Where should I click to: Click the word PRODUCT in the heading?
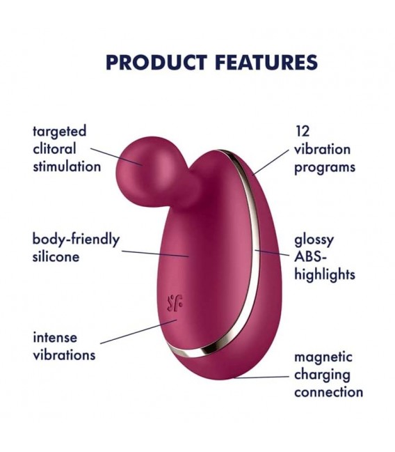tap(156, 62)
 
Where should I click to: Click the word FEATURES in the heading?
tap(266, 62)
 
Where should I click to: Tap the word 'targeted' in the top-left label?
tap(60, 132)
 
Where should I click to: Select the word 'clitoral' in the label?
tap(54, 149)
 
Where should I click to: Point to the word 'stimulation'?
tap(67, 166)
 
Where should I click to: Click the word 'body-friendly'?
tap(76, 240)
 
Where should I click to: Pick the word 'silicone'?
tap(56, 256)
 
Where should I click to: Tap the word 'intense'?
tap(55, 338)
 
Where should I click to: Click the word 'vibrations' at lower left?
tap(64, 355)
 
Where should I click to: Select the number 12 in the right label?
tap(303, 132)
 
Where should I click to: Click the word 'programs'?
tap(325, 168)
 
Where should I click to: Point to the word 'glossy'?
tap(314, 241)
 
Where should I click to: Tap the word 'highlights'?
tap(325, 274)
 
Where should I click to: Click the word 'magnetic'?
tap(323, 357)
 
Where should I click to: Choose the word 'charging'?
tap(322, 375)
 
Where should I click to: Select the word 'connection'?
tap(328, 392)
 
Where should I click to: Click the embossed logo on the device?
tap(175, 304)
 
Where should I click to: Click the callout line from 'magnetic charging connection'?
tap(261, 377)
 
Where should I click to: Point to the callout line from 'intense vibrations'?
tap(138, 332)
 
